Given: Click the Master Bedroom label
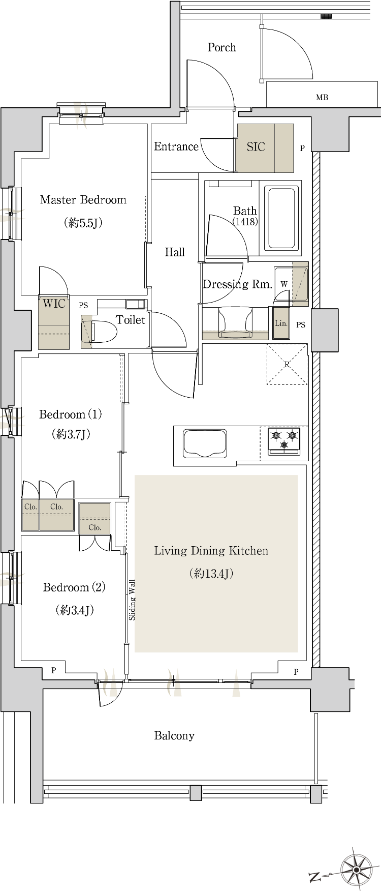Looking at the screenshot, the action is coord(83,200).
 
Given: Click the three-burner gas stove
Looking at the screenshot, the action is coord(284,441).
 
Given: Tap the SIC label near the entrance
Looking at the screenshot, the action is coord(256,147).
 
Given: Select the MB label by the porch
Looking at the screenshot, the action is coord(322,97).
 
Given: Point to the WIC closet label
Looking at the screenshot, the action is coord(54,304).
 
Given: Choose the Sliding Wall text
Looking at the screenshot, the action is coord(132,600).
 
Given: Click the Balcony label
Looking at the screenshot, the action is coord(174,736).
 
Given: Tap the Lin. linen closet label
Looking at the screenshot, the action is coord(281,323).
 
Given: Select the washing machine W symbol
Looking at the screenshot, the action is coord(284,284).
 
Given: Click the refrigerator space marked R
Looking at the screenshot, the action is coord(287,364).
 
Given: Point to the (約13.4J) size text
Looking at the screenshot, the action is coord(211,574).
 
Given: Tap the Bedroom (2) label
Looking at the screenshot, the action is coord(74,588).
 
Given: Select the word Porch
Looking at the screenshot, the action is coord(222,47).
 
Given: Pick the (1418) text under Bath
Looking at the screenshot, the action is coord(245,222).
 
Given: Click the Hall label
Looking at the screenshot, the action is coord(175,252).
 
